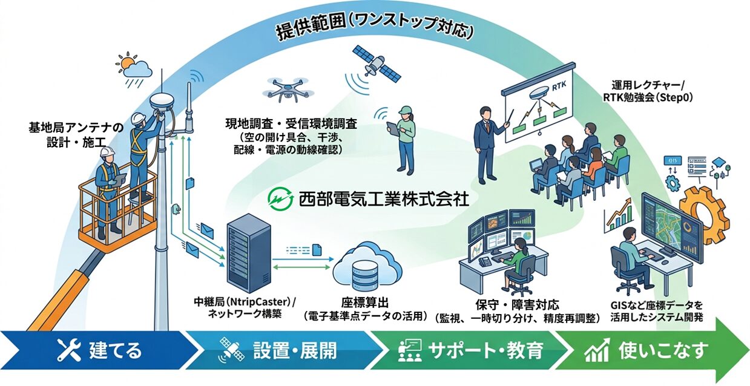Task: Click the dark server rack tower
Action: [248, 257]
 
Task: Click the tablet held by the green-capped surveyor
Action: [393, 128]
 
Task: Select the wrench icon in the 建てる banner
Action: [69, 350]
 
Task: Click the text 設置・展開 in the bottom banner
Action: [295, 350]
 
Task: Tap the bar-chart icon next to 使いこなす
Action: [597, 350]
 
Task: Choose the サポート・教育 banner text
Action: [485, 350]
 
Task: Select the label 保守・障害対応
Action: [518, 305]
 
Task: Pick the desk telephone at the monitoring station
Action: [485, 261]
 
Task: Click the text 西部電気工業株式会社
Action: [383, 200]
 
